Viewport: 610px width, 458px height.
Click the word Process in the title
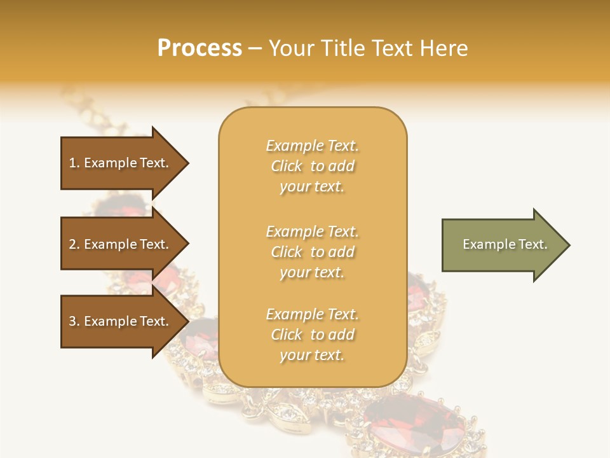pyautogui.click(x=200, y=48)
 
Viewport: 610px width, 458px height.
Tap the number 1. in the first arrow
pyautogui.click(x=74, y=163)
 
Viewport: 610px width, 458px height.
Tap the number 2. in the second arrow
pyautogui.click(x=74, y=244)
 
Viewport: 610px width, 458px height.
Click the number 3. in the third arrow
pyautogui.click(x=74, y=321)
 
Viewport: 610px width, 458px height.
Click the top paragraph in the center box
pyautogui.click(x=312, y=166)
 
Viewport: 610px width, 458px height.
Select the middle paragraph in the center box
pyautogui.click(x=312, y=252)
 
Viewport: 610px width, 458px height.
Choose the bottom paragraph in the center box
pyautogui.click(x=312, y=335)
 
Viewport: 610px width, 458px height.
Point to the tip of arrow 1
pyautogui.click(x=187, y=163)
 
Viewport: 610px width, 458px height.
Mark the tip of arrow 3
pyautogui.click(x=187, y=322)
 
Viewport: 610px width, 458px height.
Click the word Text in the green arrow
pyautogui.click(x=532, y=244)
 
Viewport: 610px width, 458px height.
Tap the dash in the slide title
pyautogui.click(x=255, y=49)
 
